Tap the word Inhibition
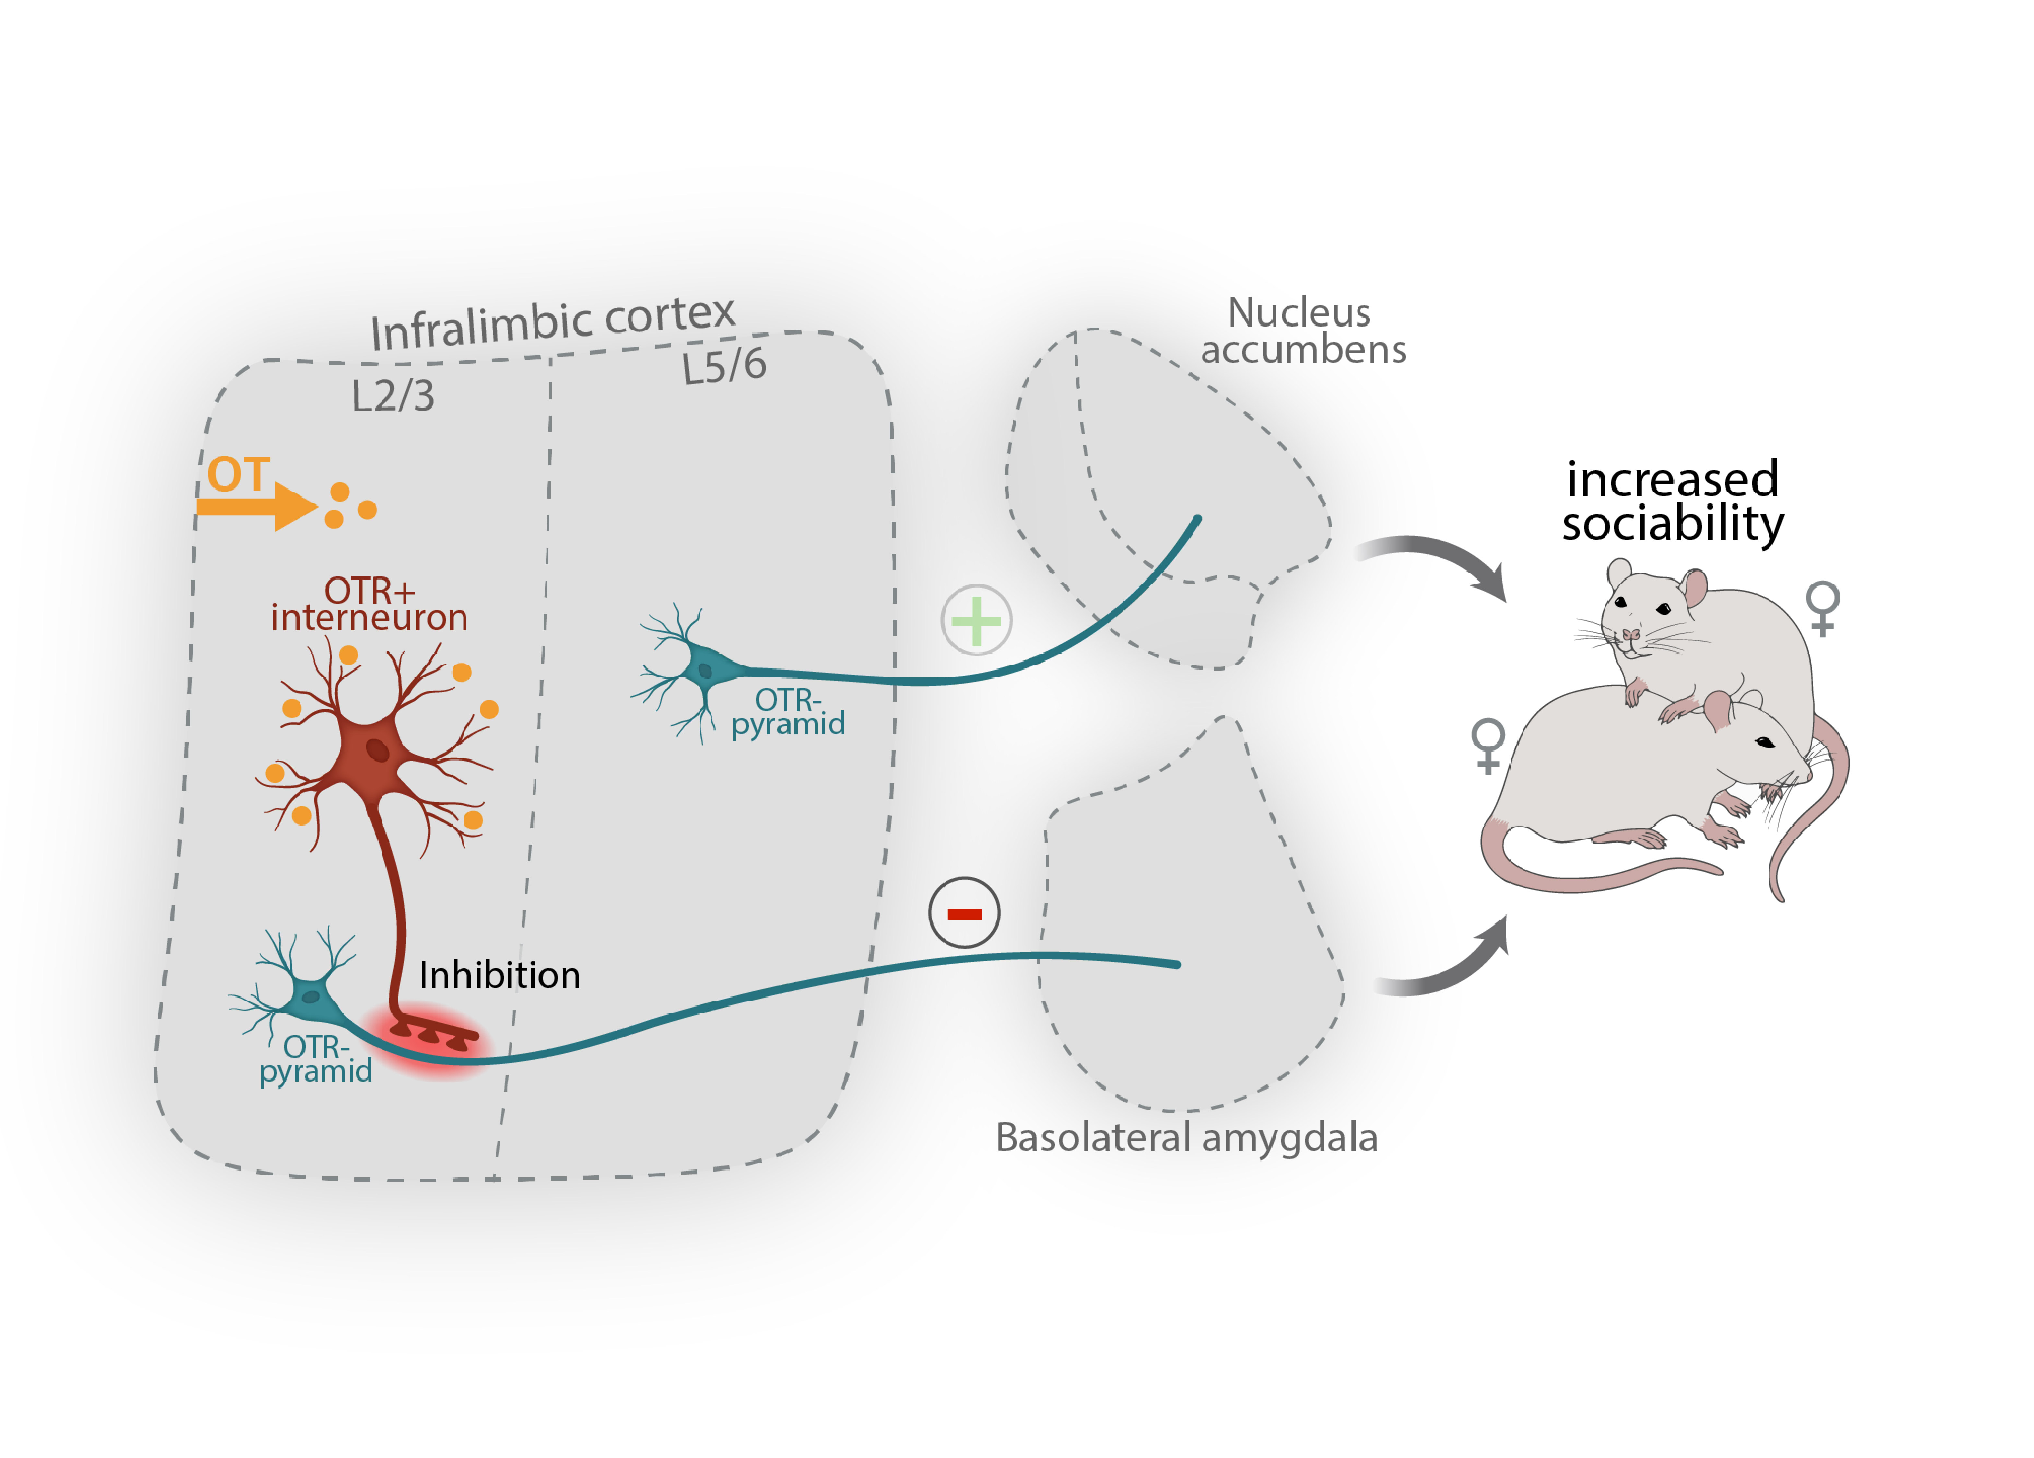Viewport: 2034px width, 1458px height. pos(500,976)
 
